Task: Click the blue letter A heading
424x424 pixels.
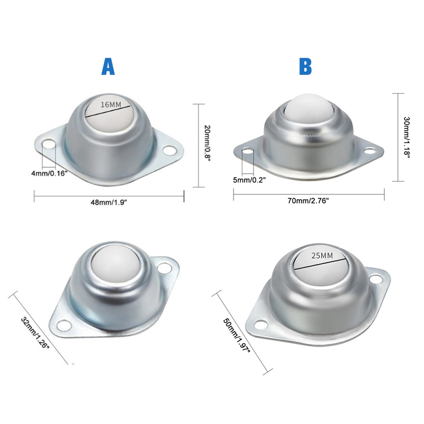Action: tap(108, 67)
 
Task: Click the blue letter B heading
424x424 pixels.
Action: tap(305, 67)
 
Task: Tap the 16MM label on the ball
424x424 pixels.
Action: tap(111, 104)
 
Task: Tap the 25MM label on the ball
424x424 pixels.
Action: tap(322, 255)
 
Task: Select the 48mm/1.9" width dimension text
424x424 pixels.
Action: tap(109, 202)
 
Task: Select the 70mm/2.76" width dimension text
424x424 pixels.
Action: tap(308, 201)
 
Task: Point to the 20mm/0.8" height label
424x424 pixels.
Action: tap(207, 143)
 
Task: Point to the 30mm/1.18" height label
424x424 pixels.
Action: tap(407, 137)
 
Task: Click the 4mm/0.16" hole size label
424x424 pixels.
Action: tap(49, 173)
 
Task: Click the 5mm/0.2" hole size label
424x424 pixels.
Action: tap(249, 180)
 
